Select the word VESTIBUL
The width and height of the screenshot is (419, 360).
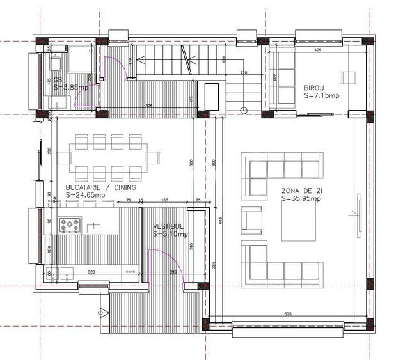pos(168,227)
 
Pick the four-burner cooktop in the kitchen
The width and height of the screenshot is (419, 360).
pos(70,225)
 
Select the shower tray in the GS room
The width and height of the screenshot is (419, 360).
pos(80,59)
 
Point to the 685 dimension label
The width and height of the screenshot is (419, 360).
pos(219,221)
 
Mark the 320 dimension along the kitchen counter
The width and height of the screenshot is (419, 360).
pos(91,273)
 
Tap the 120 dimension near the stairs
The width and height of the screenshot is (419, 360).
pos(243,73)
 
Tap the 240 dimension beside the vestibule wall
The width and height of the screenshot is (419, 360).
pos(192,246)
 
